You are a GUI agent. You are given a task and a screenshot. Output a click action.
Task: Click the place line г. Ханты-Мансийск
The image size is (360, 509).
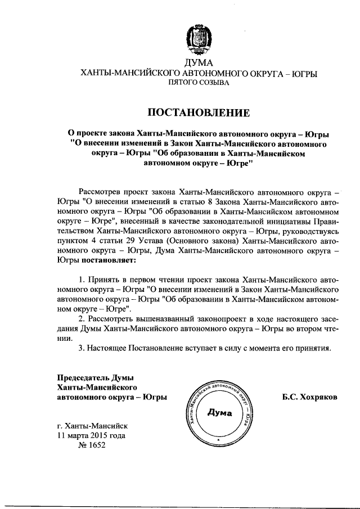[93, 425]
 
